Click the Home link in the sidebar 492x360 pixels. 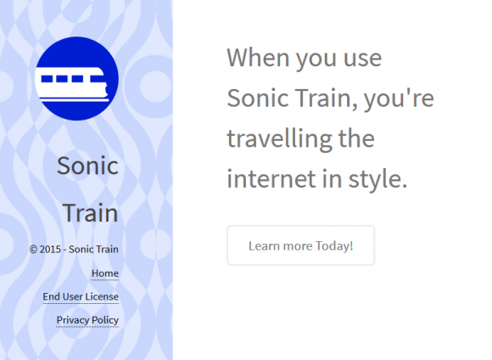point(105,273)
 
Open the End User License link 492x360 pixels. point(81,296)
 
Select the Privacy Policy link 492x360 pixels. point(87,320)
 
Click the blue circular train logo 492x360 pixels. point(77,78)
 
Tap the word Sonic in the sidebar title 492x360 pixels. point(87,166)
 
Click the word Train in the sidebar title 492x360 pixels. point(91,212)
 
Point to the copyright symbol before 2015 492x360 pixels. point(33,250)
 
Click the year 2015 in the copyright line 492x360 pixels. point(50,250)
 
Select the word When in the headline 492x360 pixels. point(258,58)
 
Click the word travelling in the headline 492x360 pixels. point(279,139)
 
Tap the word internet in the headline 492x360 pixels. point(271,179)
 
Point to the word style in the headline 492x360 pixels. point(377,180)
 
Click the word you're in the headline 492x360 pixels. point(399,98)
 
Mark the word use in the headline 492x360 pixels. point(362,59)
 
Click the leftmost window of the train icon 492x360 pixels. point(47,78)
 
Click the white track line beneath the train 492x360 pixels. point(75,100)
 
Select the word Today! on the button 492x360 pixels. point(334,245)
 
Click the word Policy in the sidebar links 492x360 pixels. point(105,320)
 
